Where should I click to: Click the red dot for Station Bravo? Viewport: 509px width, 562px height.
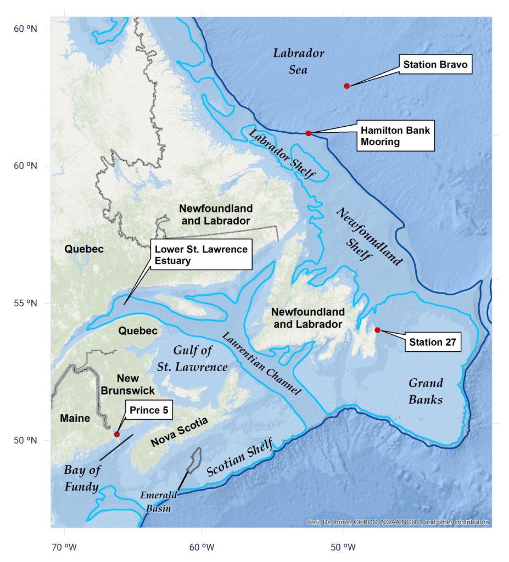pos(346,86)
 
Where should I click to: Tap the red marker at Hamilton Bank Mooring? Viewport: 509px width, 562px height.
pos(309,133)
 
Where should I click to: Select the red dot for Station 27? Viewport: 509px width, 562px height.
pos(377,330)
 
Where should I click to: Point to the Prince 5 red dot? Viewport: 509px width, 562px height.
pos(116,434)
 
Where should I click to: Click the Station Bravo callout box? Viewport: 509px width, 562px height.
pos(435,65)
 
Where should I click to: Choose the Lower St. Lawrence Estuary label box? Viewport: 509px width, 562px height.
pos(201,255)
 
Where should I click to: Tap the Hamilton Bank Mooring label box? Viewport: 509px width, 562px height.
pos(395,136)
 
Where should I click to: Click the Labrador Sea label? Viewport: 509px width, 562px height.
pos(299,61)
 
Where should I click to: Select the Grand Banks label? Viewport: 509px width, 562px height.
pos(426,391)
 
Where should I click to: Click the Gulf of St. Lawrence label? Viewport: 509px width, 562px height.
pos(193,358)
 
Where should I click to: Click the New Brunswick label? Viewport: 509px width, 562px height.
pos(127,385)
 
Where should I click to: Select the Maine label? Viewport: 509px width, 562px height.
pos(75,418)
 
